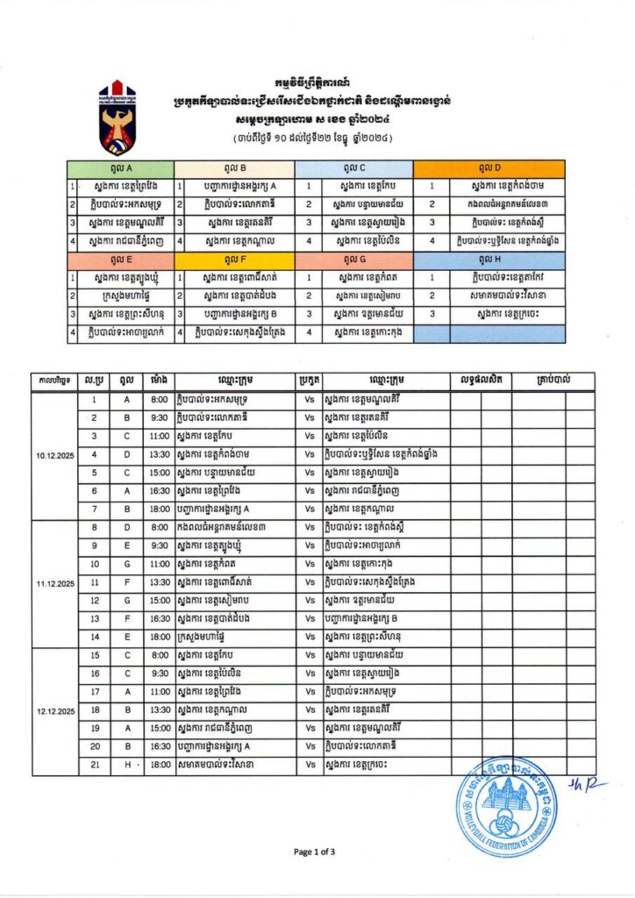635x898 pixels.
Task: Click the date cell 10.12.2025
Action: point(54,455)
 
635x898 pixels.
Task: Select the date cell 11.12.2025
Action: point(54,582)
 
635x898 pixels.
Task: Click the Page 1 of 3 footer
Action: point(315,852)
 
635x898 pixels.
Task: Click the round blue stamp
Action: point(506,808)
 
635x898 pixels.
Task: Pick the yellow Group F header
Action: point(234,260)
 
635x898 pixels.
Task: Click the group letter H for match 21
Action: point(126,765)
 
